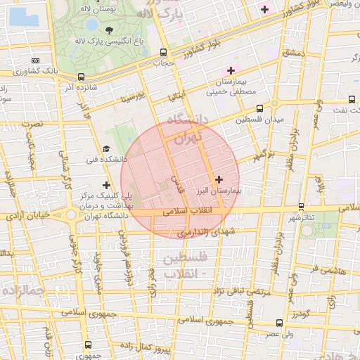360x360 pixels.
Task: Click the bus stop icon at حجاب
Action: point(164,52)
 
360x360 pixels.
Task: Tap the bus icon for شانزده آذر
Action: point(82,77)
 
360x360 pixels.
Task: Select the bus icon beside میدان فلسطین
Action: point(259,108)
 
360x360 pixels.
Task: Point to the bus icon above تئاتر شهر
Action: point(302,206)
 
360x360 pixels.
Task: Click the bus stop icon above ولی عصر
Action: point(280,323)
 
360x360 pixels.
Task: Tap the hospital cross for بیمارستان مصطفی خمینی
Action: point(231,70)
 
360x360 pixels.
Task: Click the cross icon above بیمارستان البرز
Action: point(219,179)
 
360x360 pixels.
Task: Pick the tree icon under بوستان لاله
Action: point(110,30)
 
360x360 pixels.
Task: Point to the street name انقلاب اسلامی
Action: point(182,210)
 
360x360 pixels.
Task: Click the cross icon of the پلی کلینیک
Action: point(106,185)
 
